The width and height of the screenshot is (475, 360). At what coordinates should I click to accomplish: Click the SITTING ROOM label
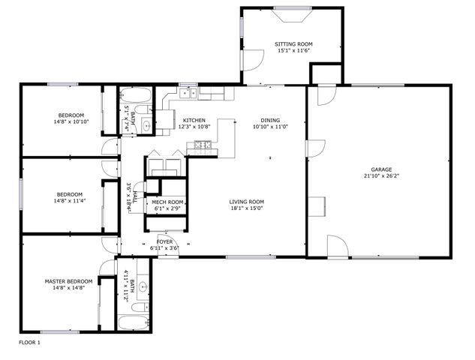click(294, 44)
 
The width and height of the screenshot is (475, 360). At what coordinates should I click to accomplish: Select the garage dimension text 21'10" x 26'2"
click(380, 176)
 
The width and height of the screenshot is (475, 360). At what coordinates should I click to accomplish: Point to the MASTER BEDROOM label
click(68, 281)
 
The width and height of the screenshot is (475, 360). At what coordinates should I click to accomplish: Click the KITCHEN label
click(194, 120)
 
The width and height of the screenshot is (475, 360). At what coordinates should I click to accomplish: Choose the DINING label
click(271, 120)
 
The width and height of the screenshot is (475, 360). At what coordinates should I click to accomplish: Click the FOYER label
click(164, 241)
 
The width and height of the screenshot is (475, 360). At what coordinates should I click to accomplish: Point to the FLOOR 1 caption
click(29, 342)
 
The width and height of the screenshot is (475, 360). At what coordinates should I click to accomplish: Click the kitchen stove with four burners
click(202, 145)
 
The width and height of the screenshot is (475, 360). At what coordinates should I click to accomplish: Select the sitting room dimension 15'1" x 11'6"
click(294, 51)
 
